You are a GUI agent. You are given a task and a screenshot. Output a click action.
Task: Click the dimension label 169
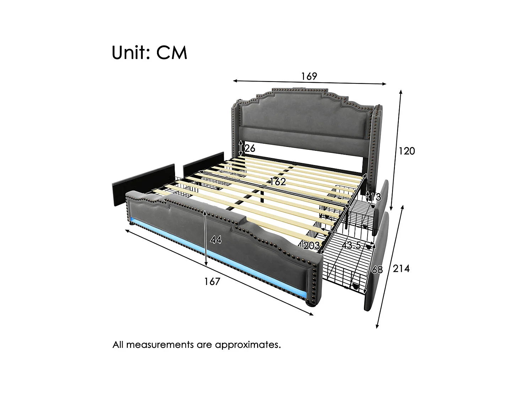(309, 76)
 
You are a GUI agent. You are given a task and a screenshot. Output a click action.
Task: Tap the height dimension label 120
(407, 151)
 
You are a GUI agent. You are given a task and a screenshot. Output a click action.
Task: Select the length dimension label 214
(401, 269)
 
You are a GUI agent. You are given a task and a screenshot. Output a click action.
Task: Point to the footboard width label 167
(212, 281)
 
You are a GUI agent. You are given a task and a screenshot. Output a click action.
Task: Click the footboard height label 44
(216, 240)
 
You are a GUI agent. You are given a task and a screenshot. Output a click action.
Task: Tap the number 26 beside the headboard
(250, 148)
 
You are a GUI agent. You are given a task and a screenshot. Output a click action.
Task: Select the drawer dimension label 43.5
(351, 245)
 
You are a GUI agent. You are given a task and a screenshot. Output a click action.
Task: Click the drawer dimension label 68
(377, 270)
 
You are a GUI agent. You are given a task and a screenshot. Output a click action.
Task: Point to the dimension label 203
(311, 245)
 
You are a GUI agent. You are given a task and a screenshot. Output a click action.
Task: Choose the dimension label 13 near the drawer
(375, 197)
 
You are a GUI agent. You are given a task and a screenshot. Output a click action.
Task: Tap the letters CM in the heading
(172, 53)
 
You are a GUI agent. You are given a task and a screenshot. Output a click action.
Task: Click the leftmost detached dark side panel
(144, 180)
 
